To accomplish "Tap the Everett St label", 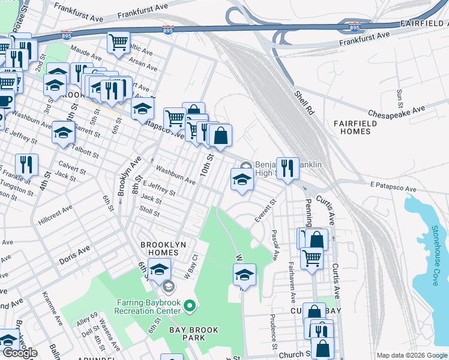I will click(264, 211).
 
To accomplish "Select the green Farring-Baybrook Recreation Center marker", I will click(190, 307).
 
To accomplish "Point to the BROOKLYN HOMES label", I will click(163, 249).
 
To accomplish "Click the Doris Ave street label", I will click(74, 259).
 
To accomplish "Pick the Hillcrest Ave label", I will click(56, 213).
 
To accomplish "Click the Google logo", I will click(20, 353).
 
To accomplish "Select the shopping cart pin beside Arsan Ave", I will click(118, 42).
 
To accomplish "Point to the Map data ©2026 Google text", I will click(411, 355).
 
